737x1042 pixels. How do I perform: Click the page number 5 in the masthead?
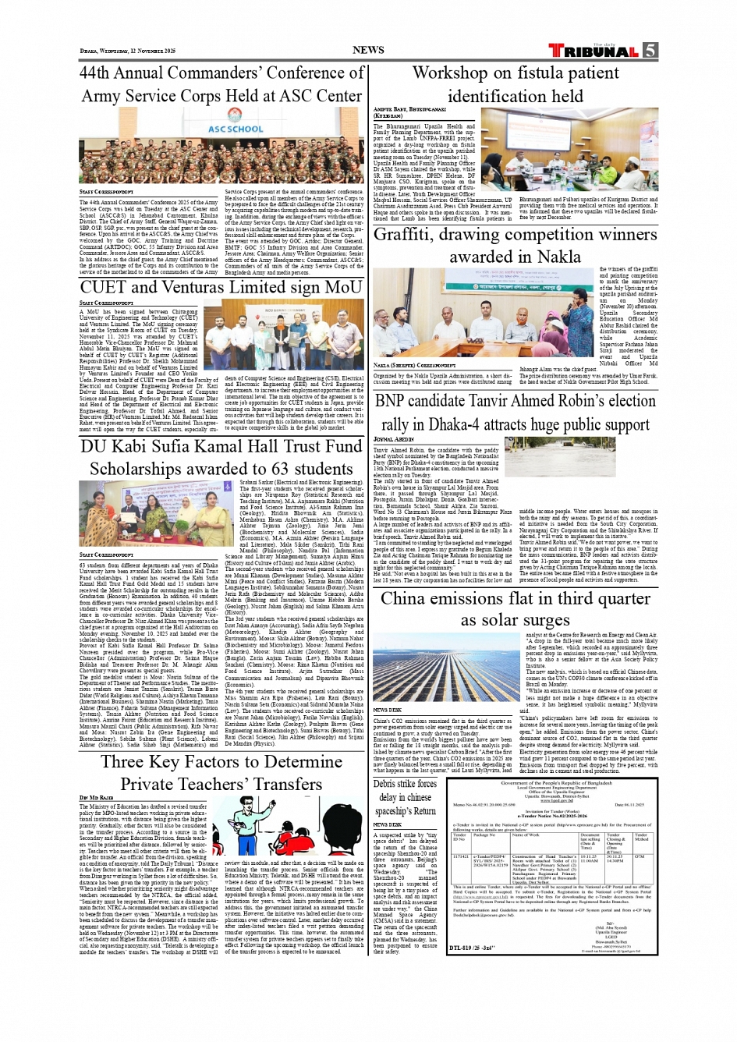[650, 51]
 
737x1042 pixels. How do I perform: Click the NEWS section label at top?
[368, 50]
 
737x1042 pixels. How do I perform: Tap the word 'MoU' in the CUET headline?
[344, 287]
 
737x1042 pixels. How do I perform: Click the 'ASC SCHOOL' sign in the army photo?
[236, 129]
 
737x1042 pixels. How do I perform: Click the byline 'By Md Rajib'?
[96, 798]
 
